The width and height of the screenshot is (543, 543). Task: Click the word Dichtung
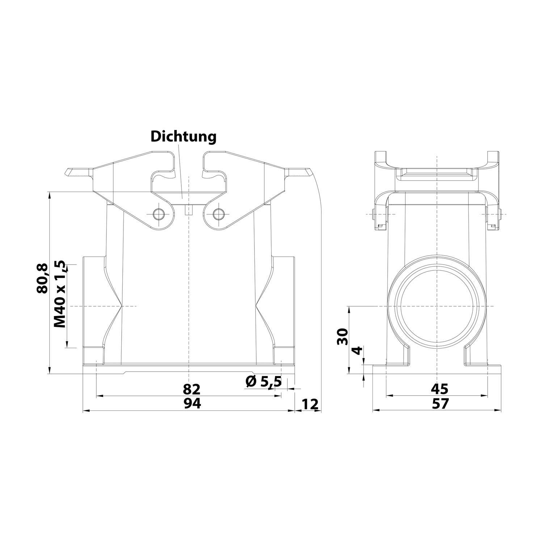coord(184,137)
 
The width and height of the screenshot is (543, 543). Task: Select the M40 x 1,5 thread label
coord(60,294)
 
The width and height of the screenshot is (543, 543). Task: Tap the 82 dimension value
coord(191,390)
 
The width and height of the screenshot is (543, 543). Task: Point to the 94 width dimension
coord(191,403)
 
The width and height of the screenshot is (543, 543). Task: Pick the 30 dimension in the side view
coord(342,337)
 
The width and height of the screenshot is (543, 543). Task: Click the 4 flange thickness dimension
coord(357,351)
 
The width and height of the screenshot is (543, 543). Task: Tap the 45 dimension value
coord(439,389)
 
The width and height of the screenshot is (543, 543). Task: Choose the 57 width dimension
coord(439,403)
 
